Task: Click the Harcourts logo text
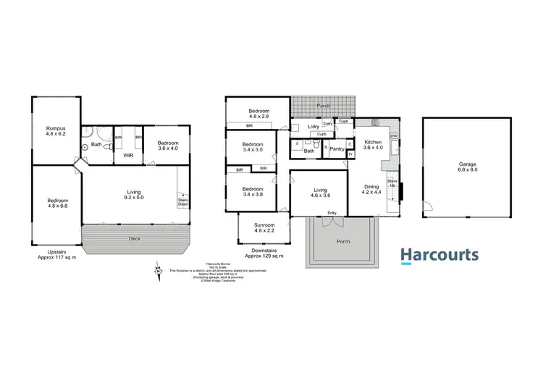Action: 439,255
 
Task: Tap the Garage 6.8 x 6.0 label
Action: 467,167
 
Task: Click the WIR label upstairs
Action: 127,155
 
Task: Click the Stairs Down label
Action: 184,202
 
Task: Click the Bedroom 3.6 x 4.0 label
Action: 169,143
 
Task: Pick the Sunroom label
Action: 264,228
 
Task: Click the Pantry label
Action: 336,149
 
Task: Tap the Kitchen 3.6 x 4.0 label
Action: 373,144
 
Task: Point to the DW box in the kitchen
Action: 394,136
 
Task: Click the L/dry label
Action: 313,127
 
